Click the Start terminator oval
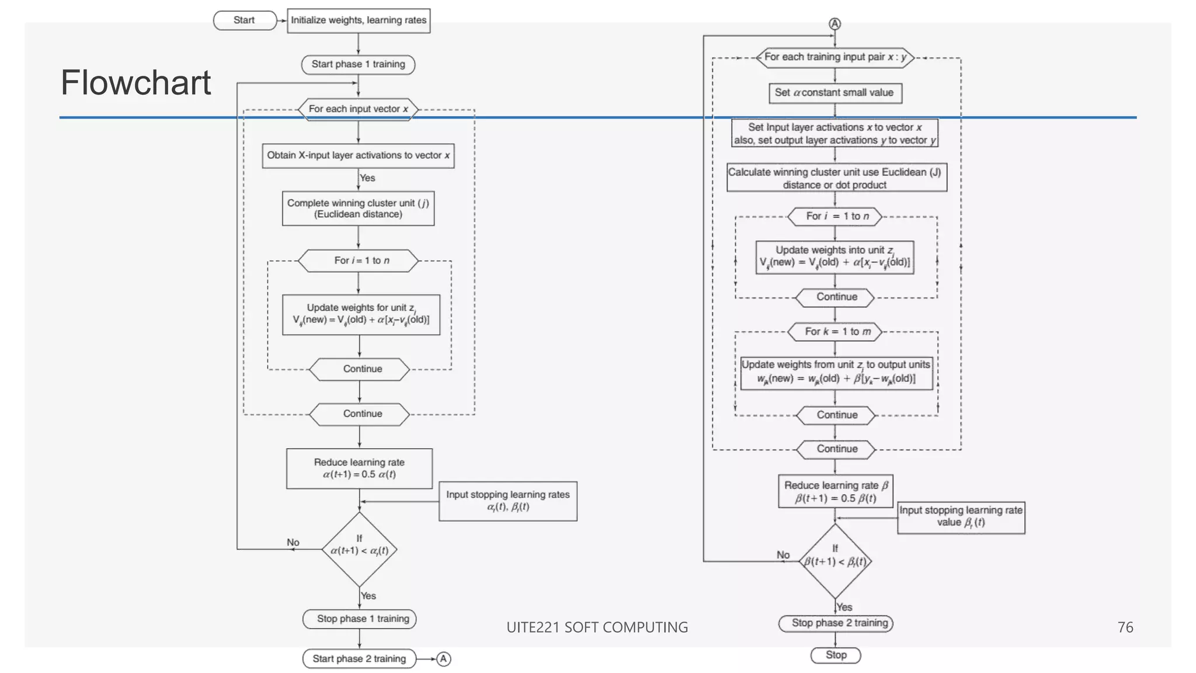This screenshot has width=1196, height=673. point(245,20)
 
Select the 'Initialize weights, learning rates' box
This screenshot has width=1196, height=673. point(359,20)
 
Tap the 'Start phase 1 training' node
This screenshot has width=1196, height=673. point(358,64)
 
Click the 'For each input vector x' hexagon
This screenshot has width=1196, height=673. point(358,109)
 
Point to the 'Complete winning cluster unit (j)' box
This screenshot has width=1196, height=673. point(358,209)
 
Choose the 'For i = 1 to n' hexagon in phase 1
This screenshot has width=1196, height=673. point(358,261)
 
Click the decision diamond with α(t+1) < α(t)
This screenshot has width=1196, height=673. point(360,549)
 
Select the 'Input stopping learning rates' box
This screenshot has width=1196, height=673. point(507,501)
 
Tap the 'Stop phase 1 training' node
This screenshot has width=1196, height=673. point(359,619)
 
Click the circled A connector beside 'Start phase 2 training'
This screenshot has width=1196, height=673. point(444,659)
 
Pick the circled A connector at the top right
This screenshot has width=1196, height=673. point(835,24)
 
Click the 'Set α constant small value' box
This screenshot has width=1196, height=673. point(835,93)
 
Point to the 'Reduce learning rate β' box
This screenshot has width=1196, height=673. point(835,491)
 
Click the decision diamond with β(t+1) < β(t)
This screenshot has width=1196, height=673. point(835,561)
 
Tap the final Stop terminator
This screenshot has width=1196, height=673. point(836,655)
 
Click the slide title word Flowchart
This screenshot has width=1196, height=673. point(135,82)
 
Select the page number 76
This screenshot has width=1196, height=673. point(1125,627)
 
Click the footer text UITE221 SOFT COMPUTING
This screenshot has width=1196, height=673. point(597,627)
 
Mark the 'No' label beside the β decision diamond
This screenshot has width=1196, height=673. point(783,554)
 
